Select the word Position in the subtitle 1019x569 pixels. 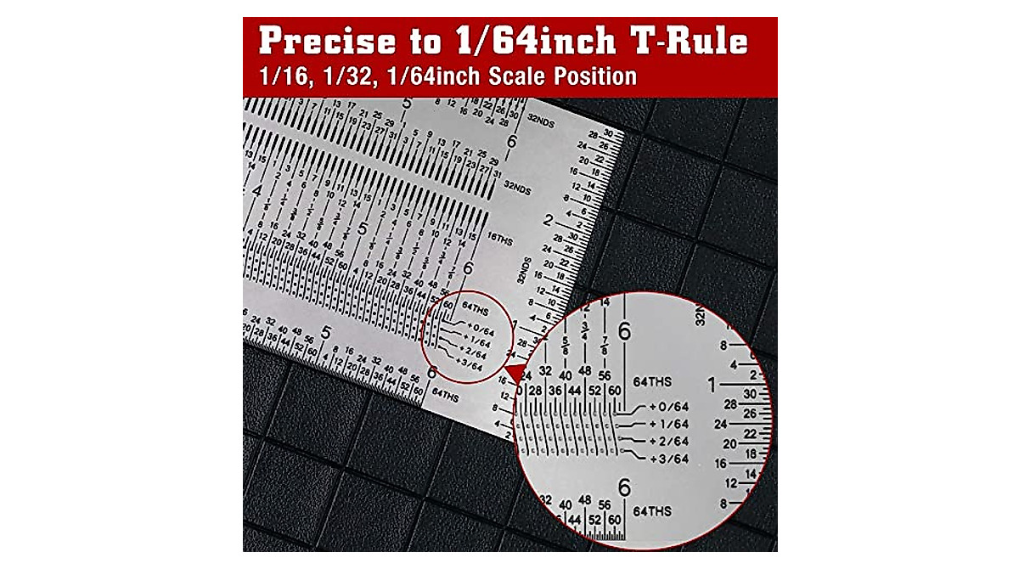pos(595,76)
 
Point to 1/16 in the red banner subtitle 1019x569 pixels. pos(285,76)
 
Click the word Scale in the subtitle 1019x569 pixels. pos(518,76)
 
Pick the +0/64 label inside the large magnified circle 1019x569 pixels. pos(668,407)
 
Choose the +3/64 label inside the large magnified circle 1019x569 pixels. pos(668,459)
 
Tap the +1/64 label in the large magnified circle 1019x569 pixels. pos(668,424)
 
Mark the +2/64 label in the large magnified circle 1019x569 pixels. pos(668,441)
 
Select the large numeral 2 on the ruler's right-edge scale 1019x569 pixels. pos(549,222)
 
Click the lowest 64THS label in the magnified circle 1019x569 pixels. pos(651,511)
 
